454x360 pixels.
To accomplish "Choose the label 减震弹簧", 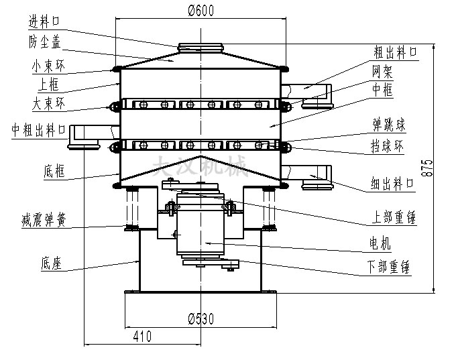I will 44,218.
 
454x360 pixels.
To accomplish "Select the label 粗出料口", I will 396,51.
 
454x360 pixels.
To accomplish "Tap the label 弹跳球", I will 389,125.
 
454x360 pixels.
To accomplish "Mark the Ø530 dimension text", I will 201,318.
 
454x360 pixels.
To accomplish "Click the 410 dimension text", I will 141,335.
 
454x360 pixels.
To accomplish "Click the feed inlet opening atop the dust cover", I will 201,47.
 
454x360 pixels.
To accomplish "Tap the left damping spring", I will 131,207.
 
